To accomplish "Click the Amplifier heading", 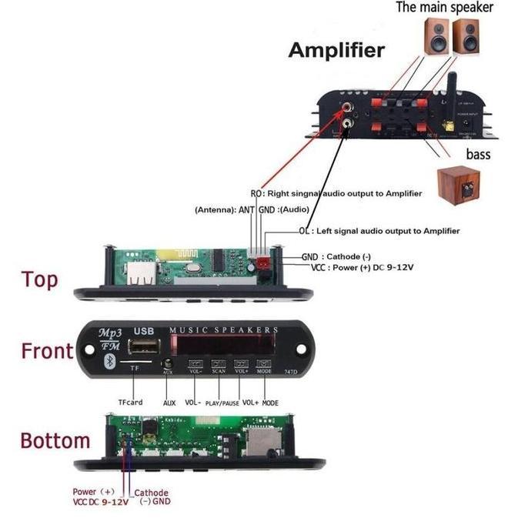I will point(336,51).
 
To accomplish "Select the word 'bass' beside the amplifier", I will point(477,155).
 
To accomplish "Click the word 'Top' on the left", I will point(39,279).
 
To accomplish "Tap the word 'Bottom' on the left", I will point(55,441).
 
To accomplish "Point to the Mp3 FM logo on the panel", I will point(109,339).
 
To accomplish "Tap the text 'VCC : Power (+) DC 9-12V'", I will point(362,267).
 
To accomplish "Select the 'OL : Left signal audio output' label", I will point(379,231).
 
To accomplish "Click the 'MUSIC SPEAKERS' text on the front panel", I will point(223,329).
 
